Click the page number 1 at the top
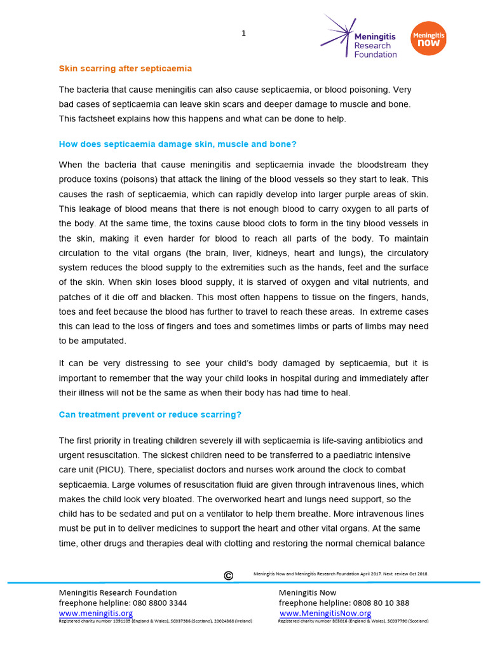(x=243, y=33)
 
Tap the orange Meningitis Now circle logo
(x=429, y=39)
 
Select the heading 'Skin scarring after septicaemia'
(x=125, y=68)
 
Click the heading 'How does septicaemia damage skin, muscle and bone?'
(x=178, y=144)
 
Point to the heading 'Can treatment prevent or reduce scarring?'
(x=150, y=415)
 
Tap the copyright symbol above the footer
(x=228, y=576)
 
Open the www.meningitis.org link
(x=96, y=613)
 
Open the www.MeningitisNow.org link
(x=326, y=613)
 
